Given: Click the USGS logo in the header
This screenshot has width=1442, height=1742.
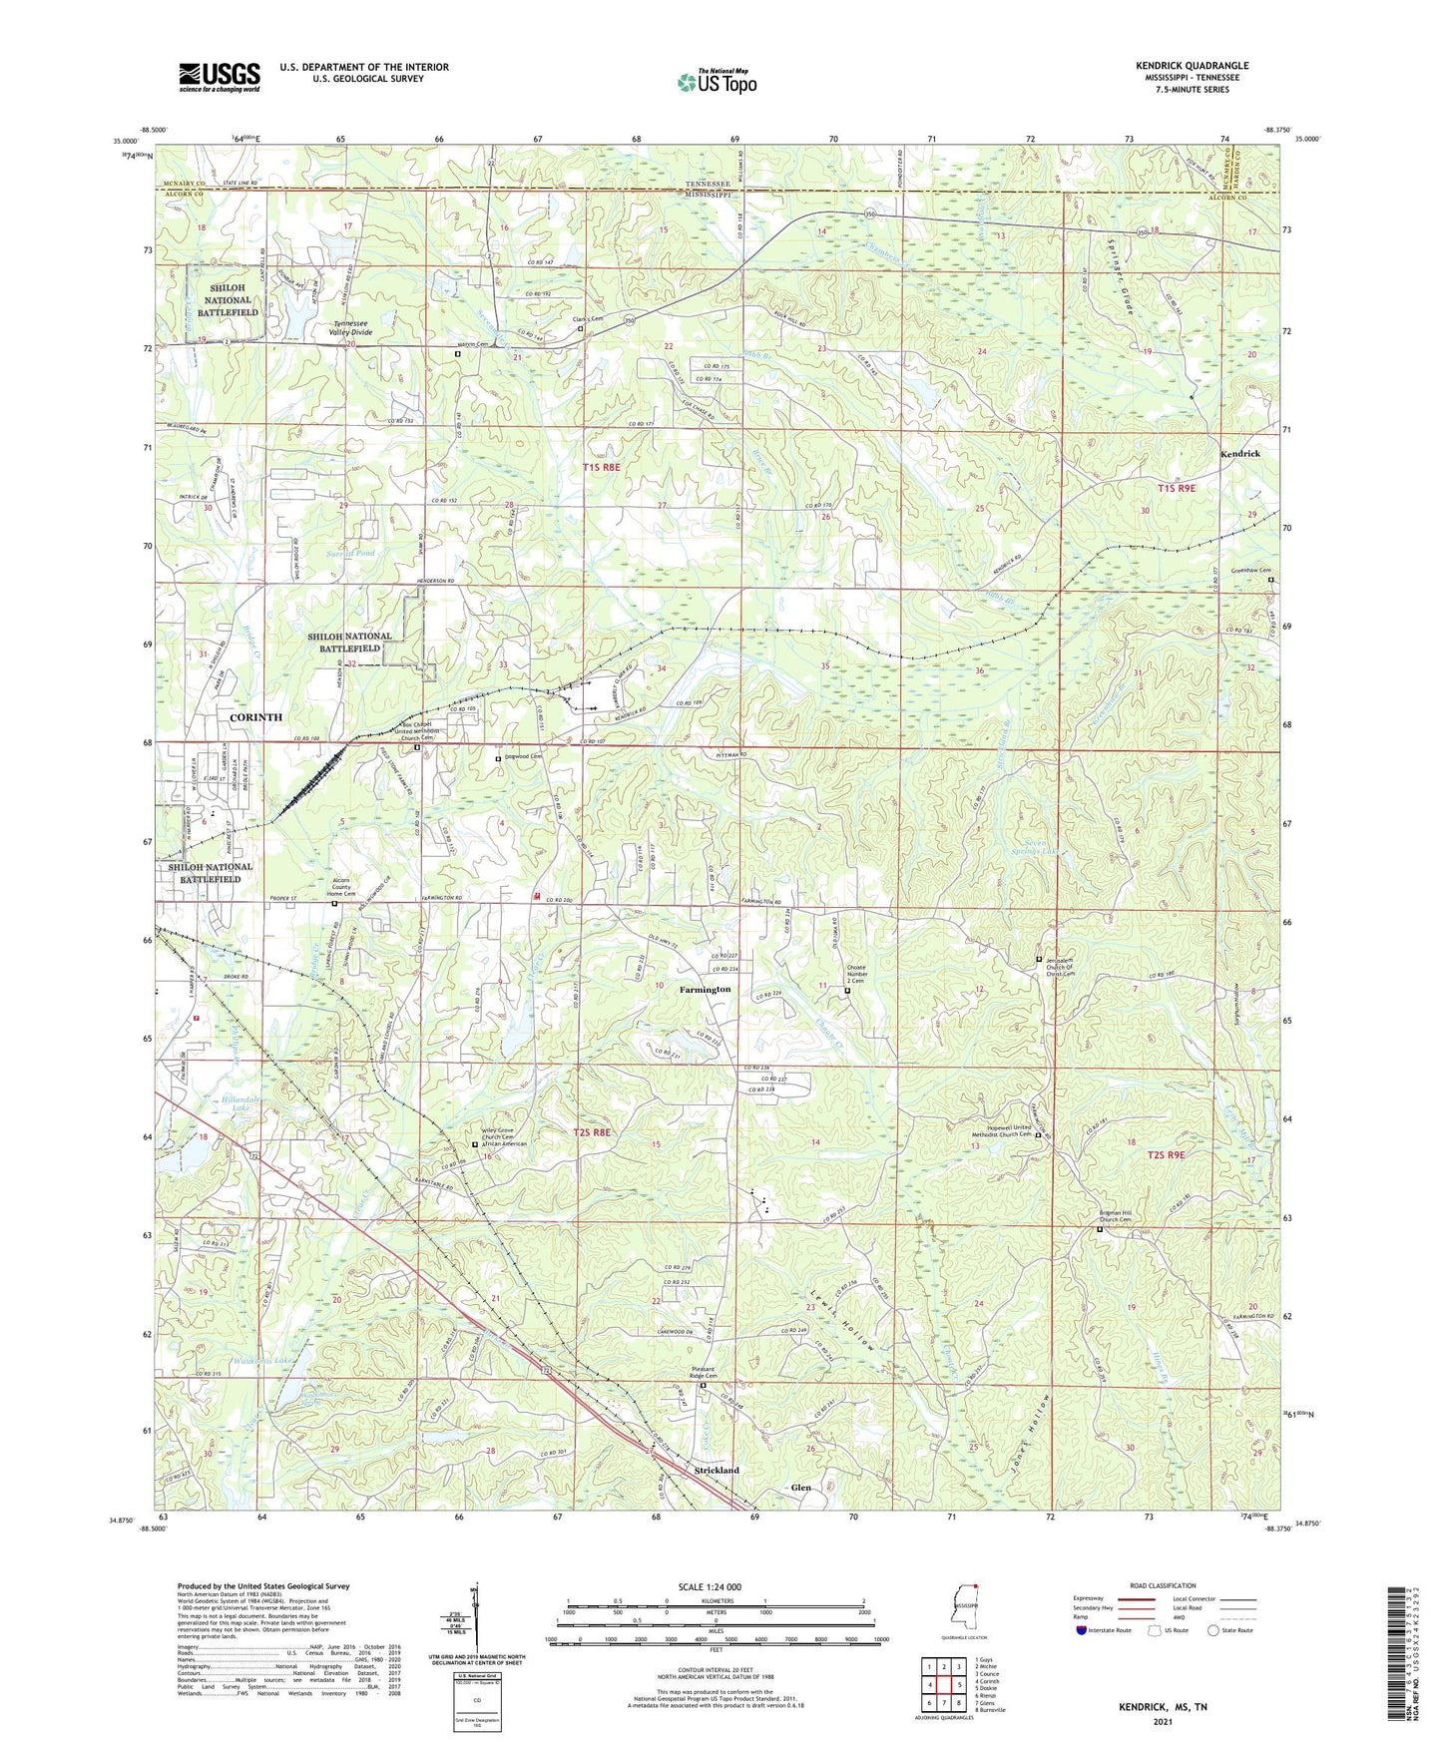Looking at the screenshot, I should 220,77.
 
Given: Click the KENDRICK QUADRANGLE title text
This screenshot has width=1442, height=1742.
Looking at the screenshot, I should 1192,66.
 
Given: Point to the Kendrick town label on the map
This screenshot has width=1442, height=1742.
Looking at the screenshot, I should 1239,454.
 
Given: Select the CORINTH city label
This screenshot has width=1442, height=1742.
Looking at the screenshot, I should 255,717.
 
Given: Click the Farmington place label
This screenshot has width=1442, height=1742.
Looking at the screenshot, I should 705,990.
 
